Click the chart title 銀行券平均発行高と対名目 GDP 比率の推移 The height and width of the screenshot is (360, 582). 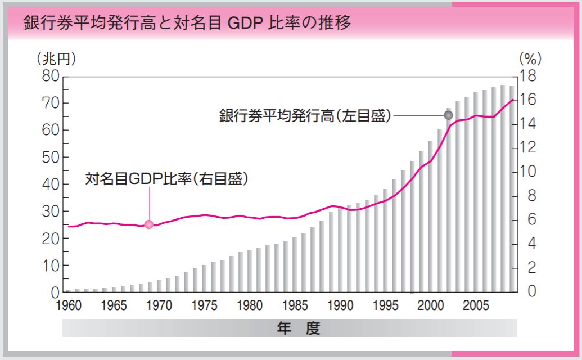coord(187,24)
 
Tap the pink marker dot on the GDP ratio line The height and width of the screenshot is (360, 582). coord(149,224)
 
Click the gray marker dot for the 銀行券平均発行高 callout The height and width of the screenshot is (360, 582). coord(448,115)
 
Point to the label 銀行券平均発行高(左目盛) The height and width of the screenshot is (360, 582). coord(304,116)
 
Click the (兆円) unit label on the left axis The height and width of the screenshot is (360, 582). coord(55,58)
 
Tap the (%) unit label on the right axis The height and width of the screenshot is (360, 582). coord(529,58)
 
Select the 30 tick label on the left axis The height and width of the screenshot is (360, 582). coord(49,211)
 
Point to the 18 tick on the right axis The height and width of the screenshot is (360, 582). coord(531,76)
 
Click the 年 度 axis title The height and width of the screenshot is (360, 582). coord(298,328)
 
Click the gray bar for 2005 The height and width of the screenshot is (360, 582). coord(476,192)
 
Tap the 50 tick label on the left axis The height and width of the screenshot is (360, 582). coord(49,157)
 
